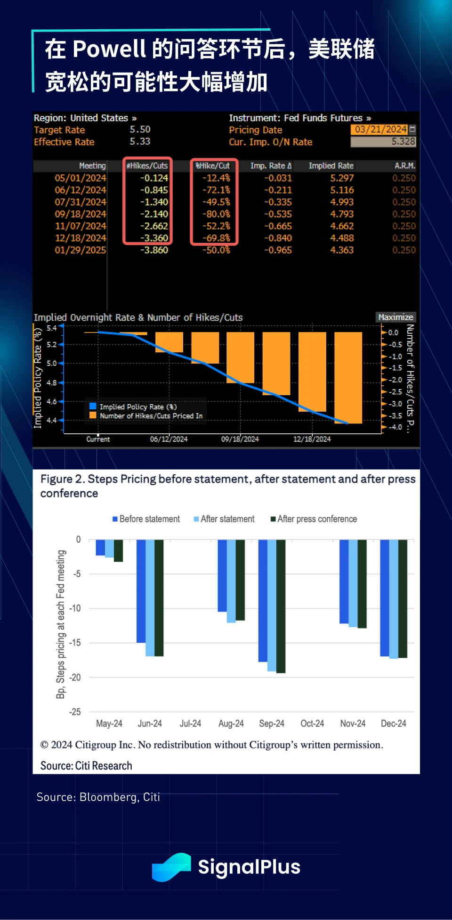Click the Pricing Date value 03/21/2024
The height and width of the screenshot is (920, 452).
tap(380, 129)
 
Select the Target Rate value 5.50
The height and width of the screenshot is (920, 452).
tap(140, 129)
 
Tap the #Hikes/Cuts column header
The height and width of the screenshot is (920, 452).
tap(147, 166)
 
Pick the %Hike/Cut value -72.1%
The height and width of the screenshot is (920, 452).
tap(216, 190)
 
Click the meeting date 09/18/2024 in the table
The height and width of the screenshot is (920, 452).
tap(81, 214)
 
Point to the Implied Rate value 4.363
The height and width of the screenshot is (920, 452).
tap(342, 250)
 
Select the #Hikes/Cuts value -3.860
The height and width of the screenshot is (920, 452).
tap(154, 250)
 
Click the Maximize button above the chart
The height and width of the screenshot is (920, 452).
tap(395, 317)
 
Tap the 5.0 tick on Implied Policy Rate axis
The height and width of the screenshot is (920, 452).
tap(52, 363)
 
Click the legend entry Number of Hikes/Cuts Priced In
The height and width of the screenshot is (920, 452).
tap(151, 416)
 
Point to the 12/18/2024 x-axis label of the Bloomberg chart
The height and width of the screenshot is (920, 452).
tap(312, 439)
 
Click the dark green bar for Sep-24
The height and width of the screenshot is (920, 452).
tap(281, 606)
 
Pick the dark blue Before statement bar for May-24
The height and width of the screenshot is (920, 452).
tap(100, 547)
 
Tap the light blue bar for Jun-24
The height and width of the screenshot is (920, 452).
tap(150, 597)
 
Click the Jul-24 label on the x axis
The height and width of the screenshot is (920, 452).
tap(190, 723)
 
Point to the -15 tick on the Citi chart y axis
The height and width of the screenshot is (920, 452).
tap(75, 643)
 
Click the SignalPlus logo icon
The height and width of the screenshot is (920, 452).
tap(171, 867)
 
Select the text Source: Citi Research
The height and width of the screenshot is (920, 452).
tap(86, 765)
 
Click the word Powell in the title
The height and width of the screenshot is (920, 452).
tap(109, 49)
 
